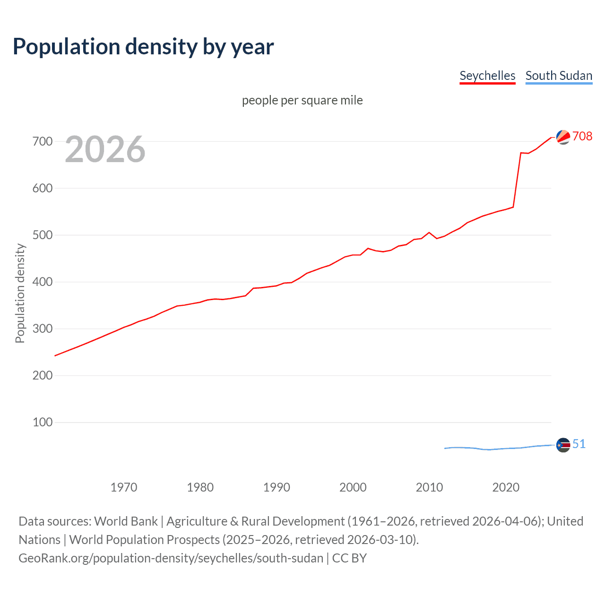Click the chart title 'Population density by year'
[x=143, y=47]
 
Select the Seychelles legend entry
[x=487, y=76]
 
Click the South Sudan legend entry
[x=559, y=76]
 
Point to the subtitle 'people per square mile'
[x=302, y=100]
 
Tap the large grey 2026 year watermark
[x=105, y=149]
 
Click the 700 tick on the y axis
[x=42, y=141]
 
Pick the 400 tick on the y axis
[x=42, y=282]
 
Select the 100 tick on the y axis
[x=42, y=422]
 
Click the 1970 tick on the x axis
[x=124, y=487]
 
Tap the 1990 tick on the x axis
[x=277, y=487]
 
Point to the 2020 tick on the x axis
[x=506, y=487]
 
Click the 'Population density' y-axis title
[x=20, y=293]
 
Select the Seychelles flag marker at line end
[x=563, y=137]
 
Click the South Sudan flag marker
[x=563, y=445]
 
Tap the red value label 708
[x=582, y=136]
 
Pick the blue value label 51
[x=579, y=444]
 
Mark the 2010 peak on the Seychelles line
[x=429, y=233]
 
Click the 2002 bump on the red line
[x=368, y=248]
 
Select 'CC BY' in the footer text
[x=349, y=558]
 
